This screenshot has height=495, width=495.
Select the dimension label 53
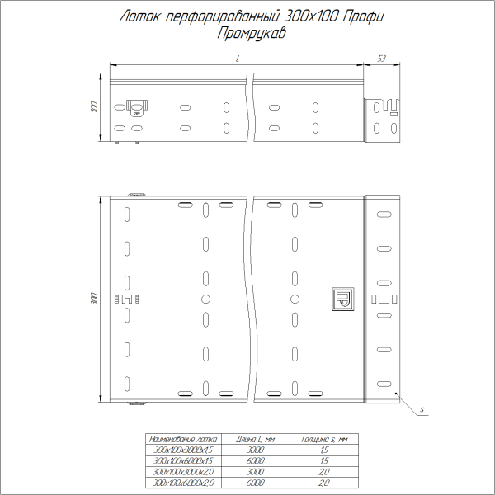tap(382, 59)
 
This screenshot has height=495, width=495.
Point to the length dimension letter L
tap(238, 59)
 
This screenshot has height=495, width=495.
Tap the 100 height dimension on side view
tap(94, 107)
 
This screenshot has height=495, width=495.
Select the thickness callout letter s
tap(420, 409)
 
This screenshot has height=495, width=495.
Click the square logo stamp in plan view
tap(341, 298)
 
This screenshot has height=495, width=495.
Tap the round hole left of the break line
tap(205, 298)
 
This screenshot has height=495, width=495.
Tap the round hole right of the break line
tap(293, 298)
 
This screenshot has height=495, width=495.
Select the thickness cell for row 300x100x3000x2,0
tap(324, 471)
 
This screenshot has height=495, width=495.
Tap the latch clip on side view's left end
tap(135, 106)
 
